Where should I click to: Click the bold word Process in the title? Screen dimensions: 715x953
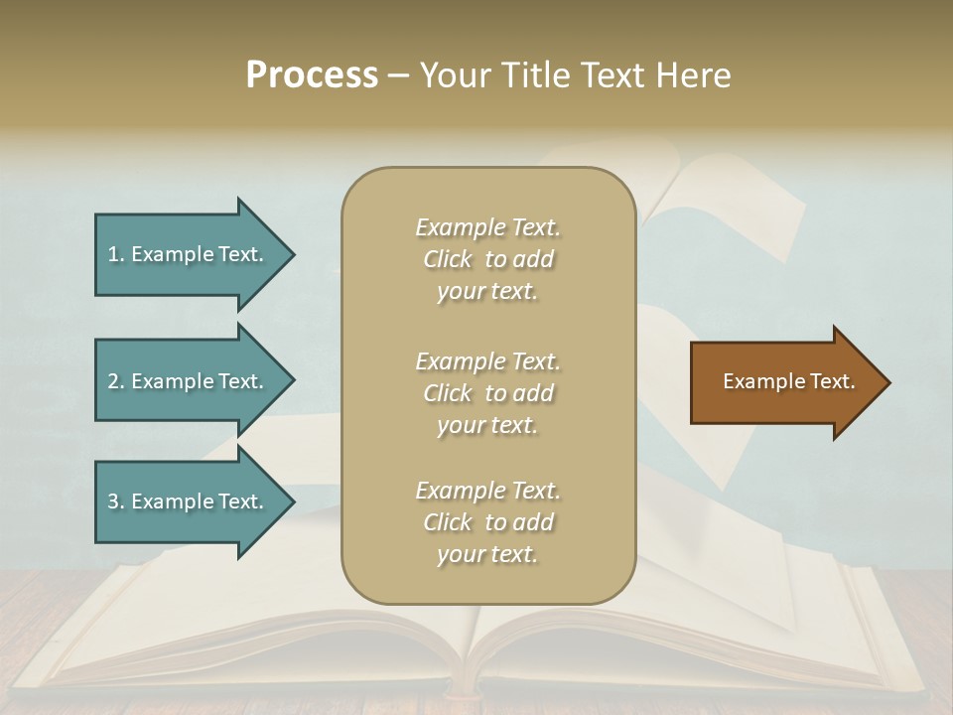click(x=312, y=75)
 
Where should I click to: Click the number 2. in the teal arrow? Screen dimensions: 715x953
click(x=116, y=381)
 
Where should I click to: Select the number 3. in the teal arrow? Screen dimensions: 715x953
click(x=116, y=501)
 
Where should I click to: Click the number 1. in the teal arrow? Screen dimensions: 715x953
click(x=116, y=254)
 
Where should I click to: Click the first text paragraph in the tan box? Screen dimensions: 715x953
click(x=487, y=259)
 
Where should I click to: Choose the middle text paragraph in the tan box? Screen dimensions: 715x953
click(x=487, y=393)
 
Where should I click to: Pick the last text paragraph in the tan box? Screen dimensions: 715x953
click(x=487, y=522)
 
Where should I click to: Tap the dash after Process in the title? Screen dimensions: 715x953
click(x=399, y=76)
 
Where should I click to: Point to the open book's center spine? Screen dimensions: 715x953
click(x=475, y=655)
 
